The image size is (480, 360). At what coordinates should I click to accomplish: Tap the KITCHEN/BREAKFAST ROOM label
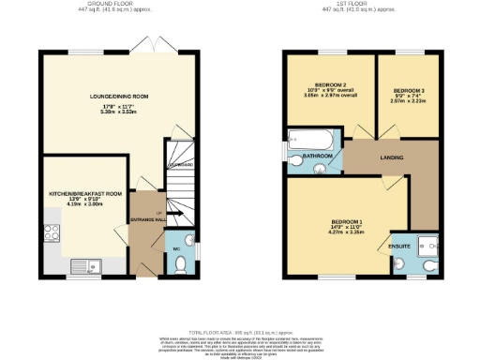coord(86,193)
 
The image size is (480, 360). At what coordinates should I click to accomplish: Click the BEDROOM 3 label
coord(409,91)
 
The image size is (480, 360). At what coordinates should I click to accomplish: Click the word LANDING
coord(391,157)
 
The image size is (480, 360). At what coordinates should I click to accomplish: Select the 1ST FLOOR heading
coord(361,4)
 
